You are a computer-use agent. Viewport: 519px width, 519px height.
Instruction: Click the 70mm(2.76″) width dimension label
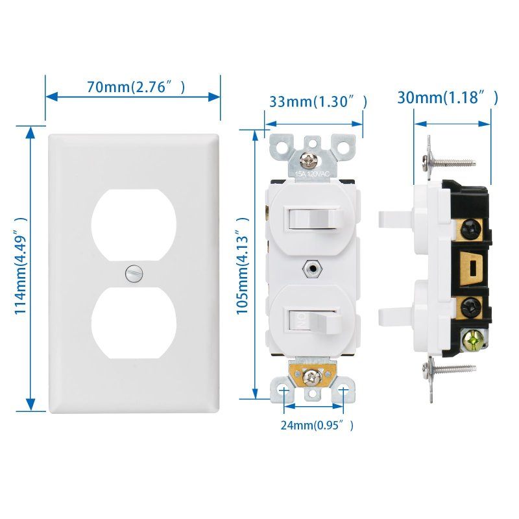pos(136,87)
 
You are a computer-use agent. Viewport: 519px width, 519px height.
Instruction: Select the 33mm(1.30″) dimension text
pos(318,102)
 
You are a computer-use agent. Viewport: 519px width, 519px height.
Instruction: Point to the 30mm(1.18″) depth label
pos(448,97)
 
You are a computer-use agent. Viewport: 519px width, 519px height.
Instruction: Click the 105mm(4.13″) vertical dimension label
pos(242,266)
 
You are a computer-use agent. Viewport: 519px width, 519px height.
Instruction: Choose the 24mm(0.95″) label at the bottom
pos(317,426)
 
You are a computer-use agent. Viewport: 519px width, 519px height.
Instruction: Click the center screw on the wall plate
pos(134,274)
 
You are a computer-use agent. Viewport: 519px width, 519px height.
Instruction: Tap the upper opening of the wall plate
pos(134,225)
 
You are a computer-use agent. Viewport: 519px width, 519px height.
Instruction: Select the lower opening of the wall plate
pos(134,322)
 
